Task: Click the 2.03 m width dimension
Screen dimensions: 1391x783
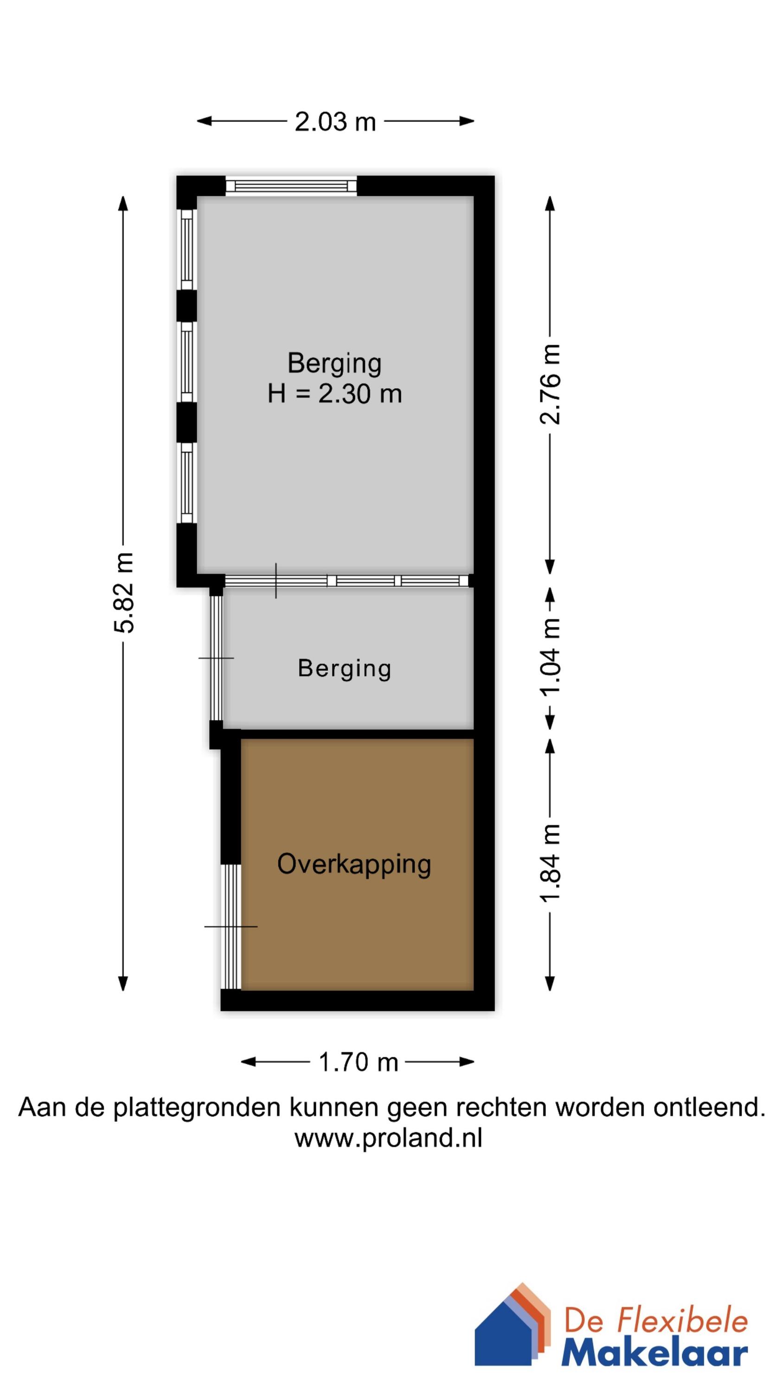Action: (x=335, y=122)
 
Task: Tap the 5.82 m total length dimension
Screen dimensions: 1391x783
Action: (x=123, y=593)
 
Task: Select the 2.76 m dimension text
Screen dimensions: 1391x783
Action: (x=551, y=384)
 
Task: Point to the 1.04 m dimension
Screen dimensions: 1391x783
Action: (x=551, y=657)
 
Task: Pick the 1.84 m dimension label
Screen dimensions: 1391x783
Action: (x=551, y=863)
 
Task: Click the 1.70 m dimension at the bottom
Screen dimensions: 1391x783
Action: (x=358, y=1062)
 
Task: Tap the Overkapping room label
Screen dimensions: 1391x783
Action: (x=354, y=863)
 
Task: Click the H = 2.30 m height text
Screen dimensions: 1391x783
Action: (x=334, y=394)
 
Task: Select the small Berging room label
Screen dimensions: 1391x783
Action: (x=344, y=668)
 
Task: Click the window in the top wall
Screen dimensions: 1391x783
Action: (x=291, y=186)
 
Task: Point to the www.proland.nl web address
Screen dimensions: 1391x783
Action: (x=388, y=1138)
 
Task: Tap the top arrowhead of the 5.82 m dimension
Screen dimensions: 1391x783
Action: (x=123, y=203)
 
